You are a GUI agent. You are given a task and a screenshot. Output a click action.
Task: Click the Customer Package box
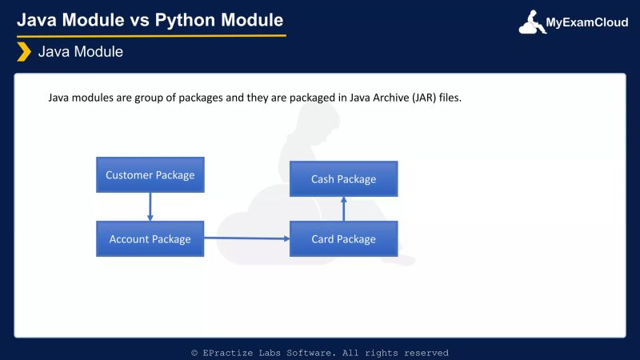150,175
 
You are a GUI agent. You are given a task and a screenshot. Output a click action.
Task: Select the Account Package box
150,238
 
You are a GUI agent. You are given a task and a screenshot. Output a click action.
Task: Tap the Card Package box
343,238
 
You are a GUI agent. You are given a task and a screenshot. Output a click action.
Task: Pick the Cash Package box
343,179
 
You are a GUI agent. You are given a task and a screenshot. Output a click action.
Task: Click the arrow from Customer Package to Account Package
150,206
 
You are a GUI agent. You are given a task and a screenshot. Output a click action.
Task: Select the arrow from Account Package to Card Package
246,238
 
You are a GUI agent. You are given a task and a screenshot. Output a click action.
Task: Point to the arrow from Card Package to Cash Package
343,209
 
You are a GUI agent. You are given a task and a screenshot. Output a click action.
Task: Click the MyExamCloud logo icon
532,22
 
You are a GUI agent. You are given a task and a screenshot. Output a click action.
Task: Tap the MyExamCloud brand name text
586,23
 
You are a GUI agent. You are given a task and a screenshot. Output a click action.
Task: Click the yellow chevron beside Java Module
24,53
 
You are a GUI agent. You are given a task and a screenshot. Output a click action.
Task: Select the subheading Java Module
81,53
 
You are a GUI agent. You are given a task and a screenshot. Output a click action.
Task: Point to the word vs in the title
145,18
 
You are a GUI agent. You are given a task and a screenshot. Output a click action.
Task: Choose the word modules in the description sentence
91,98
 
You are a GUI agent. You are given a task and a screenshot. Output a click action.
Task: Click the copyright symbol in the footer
194,353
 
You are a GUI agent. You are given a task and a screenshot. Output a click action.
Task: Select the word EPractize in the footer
228,353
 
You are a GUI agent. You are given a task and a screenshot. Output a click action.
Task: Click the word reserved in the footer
426,353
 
